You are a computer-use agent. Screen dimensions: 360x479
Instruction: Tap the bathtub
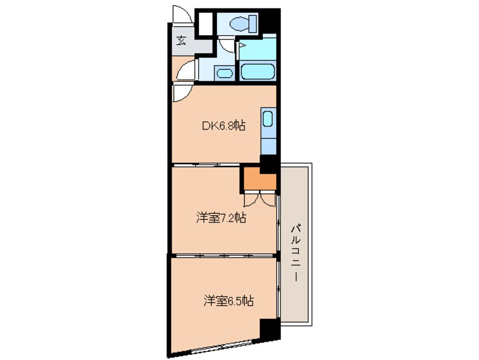point(258,72)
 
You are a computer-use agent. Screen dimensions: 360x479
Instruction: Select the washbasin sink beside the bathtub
point(225,72)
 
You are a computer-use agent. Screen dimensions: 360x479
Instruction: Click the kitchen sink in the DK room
point(268,119)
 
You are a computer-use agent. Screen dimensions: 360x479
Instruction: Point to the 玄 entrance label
point(181,40)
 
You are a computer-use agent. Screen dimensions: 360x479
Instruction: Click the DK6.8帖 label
point(224,127)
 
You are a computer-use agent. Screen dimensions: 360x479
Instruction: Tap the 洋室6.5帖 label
point(228,301)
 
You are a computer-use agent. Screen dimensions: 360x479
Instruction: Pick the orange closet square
point(259,180)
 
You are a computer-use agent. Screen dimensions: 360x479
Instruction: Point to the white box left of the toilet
point(204,24)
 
